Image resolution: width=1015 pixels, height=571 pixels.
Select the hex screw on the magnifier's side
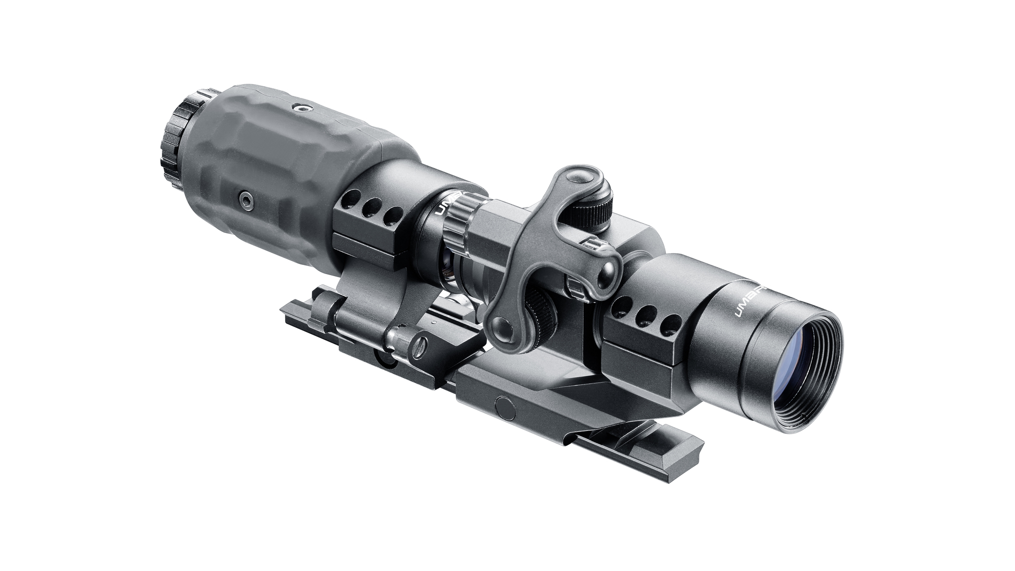click(x=245, y=201)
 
